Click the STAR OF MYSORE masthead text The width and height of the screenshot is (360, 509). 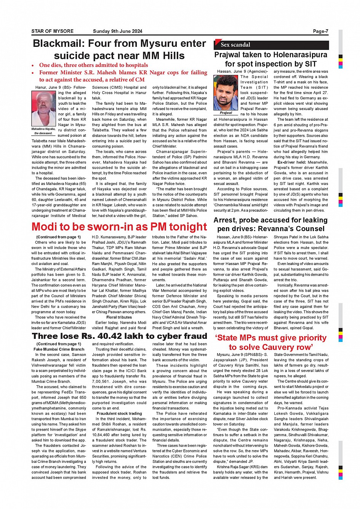52,31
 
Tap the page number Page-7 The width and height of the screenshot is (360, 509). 320,31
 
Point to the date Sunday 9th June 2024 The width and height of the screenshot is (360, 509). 117,31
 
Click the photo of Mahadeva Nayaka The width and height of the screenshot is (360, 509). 43,108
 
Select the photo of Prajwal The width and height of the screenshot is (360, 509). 226,93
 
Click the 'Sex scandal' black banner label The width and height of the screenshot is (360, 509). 235,45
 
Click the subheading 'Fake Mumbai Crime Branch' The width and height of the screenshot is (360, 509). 59,349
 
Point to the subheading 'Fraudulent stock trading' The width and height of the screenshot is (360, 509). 119,413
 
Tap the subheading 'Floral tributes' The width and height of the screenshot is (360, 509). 119,317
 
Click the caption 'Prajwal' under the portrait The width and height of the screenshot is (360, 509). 226,113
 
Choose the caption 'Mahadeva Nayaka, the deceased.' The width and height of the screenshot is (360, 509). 43,131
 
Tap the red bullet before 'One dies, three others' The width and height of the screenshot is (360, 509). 34,65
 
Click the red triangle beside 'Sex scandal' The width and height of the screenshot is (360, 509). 218,42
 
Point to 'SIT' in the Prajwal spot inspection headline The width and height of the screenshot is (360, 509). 310,64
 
